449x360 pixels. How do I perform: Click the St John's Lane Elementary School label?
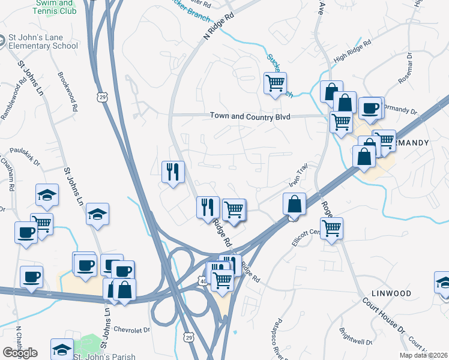pyautogui.click(x=43, y=41)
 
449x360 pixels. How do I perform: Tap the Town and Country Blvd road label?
pyautogui.click(x=250, y=117)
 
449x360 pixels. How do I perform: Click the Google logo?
pyautogui.click(x=20, y=353)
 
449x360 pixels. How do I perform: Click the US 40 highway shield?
pyautogui.click(x=203, y=280)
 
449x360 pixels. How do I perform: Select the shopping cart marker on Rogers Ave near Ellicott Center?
pyautogui.click(x=331, y=228)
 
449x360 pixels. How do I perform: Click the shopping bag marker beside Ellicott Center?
pyautogui.click(x=295, y=204)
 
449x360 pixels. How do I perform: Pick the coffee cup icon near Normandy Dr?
pyautogui.click(x=371, y=108)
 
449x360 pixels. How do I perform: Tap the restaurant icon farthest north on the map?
pyautogui.click(x=172, y=172)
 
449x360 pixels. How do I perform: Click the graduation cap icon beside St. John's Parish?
pyautogui.click(x=62, y=349)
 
